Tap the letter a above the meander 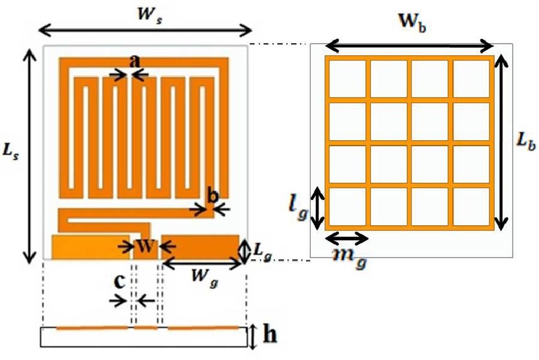pos(135,60)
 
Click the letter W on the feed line pos(146,246)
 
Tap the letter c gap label pos(120,282)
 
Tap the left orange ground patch pos(90,247)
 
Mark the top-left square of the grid pos(346,78)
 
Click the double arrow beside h pos(254,337)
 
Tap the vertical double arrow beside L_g pos(243,250)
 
